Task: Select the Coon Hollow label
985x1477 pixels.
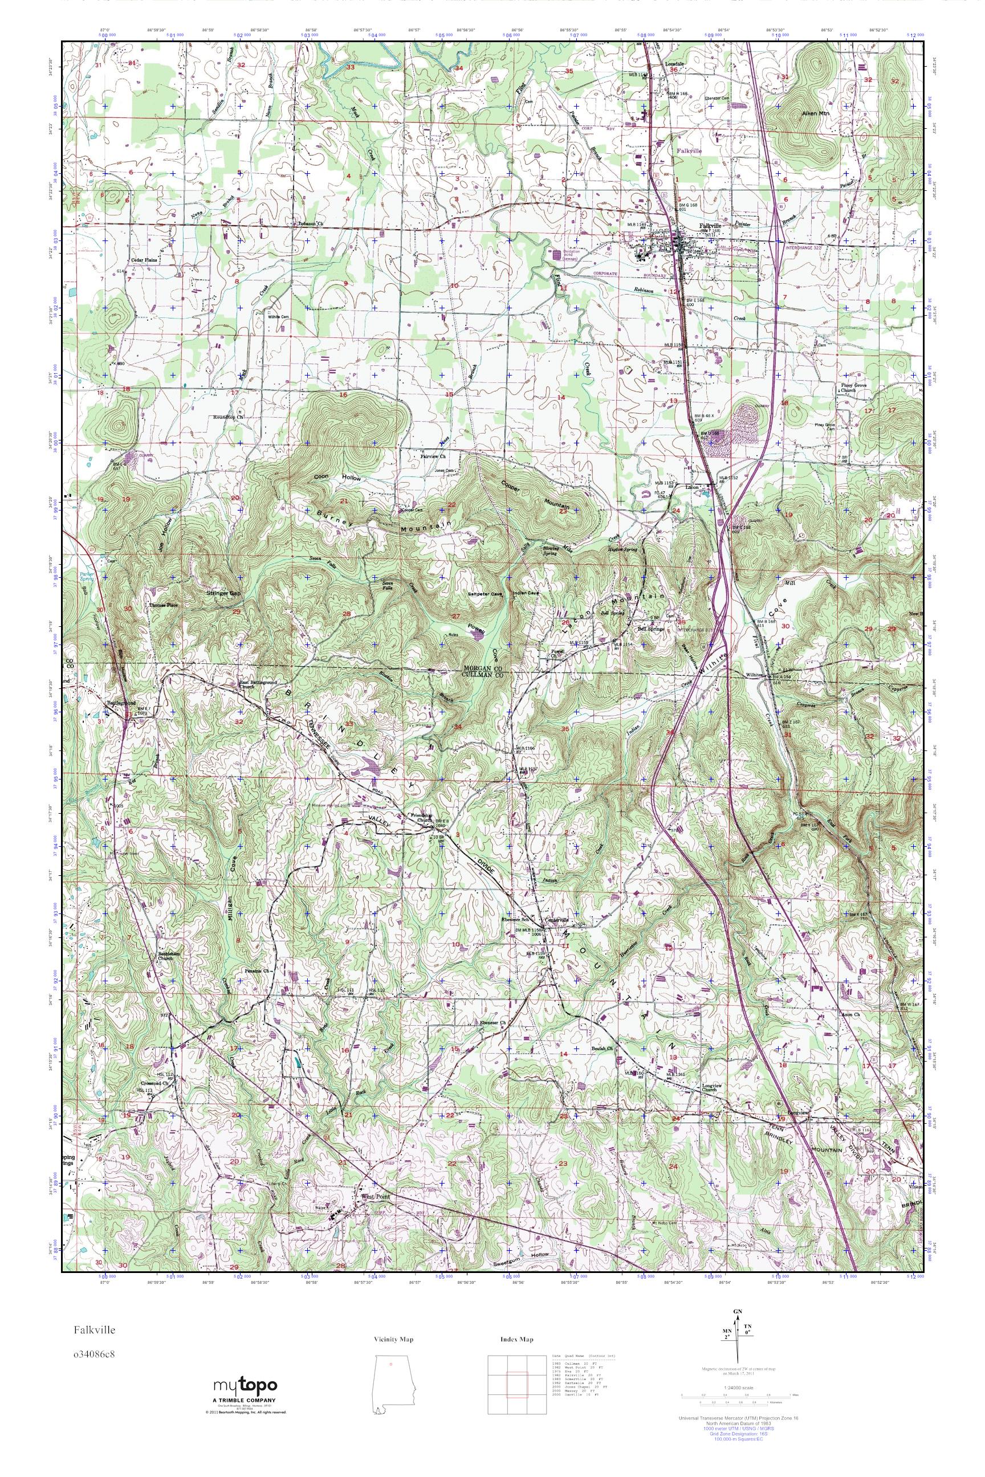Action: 338,478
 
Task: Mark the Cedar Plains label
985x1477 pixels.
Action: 143,259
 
